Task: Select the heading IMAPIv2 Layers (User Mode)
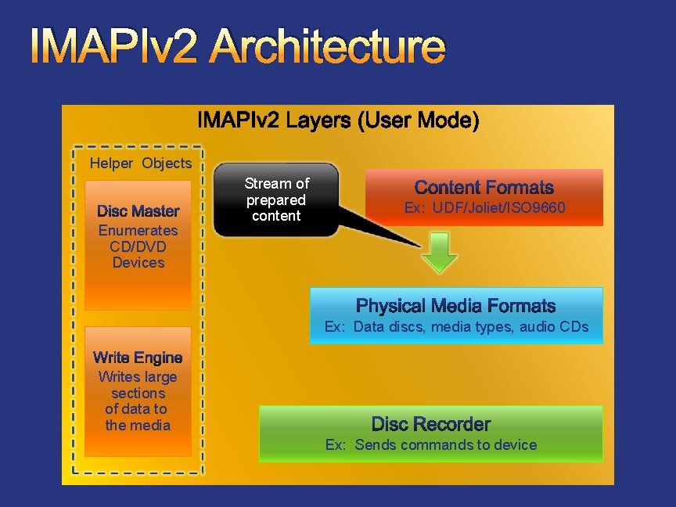[x=338, y=121]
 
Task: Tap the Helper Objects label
[x=141, y=164]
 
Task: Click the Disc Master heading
[x=138, y=211]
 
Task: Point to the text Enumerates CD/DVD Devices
[x=138, y=246]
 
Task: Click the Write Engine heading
[x=138, y=358]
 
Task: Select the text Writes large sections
[x=138, y=385]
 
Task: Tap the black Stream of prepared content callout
[x=276, y=200]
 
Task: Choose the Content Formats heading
[x=484, y=188]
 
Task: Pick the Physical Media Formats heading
[x=455, y=306]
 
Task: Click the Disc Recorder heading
[x=431, y=424]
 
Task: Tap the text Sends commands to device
[x=446, y=445]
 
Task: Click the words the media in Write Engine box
[x=138, y=426]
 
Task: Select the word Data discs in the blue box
[x=387, y=327]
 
